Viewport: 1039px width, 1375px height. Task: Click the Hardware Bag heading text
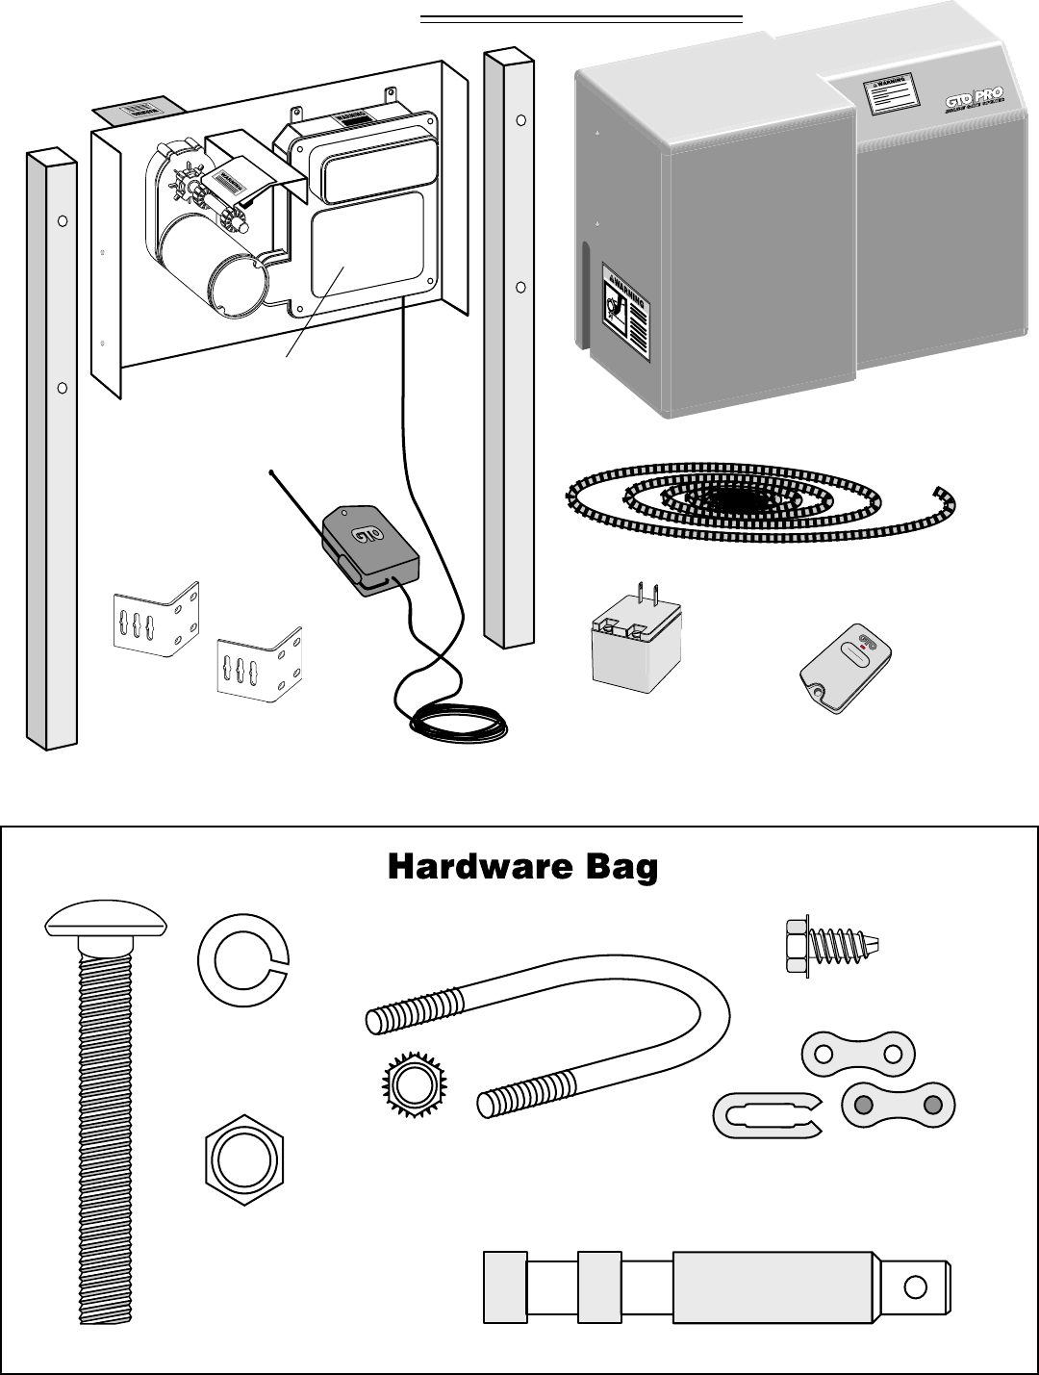(x=522, y=867)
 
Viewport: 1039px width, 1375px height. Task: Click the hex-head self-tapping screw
(x=831, y=944)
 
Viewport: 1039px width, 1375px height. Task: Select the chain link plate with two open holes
(x=857, y=1054)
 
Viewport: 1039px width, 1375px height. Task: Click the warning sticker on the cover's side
(x=624, y=310)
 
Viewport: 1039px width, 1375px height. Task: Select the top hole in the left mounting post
(x=63, y=220)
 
